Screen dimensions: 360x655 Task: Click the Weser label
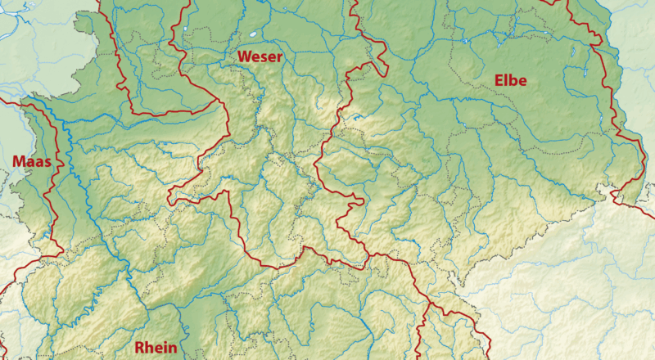click(260, 56)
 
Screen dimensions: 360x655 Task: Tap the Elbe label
click(510, 80)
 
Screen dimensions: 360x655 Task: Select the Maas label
click(32, 162)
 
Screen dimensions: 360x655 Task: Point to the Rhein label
click(156, 348)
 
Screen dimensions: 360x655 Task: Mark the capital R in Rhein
click(139, 348)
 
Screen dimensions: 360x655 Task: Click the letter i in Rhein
click(166, 348)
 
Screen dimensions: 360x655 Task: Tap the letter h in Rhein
click(149, 348)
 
